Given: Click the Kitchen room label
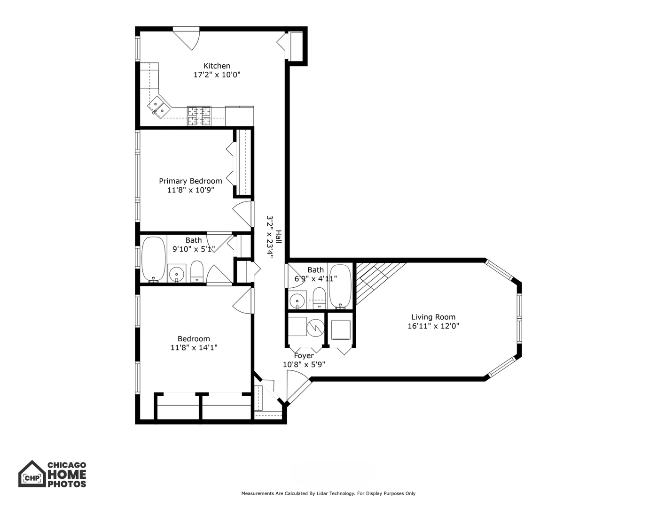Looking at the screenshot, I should point(217,66).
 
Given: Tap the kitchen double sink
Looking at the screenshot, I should point(159,107).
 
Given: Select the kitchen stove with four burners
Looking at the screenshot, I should point(199,116).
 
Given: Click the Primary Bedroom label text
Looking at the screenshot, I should point(190,181).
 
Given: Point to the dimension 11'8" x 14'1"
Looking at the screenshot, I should point(194,348).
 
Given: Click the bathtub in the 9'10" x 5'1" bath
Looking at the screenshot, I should point(154,259).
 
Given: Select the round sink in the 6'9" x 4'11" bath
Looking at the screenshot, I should point(297,300).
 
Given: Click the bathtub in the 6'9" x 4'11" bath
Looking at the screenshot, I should point(340,286).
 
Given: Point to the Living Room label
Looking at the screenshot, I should point(433,317).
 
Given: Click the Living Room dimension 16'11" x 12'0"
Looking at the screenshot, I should point(433,326).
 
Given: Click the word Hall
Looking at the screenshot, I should point(278,237).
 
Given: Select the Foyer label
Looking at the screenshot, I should point(304,356).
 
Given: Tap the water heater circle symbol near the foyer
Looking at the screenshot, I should point(316,327).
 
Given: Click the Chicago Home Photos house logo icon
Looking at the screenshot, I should point(32,474).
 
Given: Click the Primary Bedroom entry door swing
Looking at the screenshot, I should point(243,214).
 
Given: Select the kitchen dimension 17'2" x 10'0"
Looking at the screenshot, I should point(217,75).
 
